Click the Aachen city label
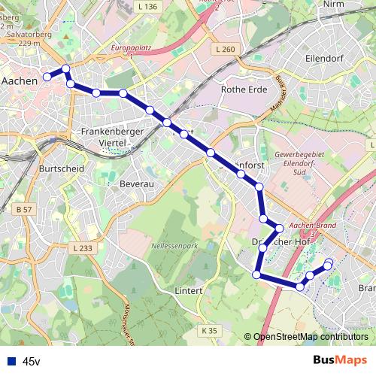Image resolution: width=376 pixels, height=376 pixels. pos(20,80)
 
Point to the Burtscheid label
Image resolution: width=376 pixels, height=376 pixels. pos(59,170)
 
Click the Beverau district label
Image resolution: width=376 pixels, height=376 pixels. pos(136,183)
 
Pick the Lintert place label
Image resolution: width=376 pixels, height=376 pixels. pos(189,290)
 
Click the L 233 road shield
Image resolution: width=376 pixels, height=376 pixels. pos(83,248)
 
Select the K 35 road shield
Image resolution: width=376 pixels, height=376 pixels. pos(209,330)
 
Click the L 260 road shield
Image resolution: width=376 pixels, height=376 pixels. pos(226,50)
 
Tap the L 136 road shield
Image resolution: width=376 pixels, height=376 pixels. pos(148,7)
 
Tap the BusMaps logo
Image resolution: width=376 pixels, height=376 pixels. pos(340,361)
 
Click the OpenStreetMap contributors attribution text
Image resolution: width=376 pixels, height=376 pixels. pos(310,337)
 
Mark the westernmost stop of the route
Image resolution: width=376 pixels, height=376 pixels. pos(47,76)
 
